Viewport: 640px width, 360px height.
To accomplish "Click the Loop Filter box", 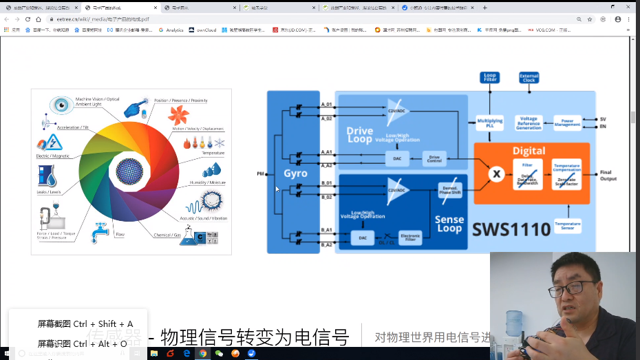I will [489, 77].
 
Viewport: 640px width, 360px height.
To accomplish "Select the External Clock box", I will [529, 77].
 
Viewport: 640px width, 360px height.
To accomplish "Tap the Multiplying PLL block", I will [489, 123].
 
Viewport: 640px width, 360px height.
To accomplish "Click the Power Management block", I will [567, 123].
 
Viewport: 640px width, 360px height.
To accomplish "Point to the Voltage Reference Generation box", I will [529, 123].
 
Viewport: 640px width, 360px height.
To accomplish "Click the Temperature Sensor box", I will [567, 225].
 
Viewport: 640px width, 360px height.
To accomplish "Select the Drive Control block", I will [434, 158].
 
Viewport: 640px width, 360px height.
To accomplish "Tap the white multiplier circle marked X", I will [495, 174].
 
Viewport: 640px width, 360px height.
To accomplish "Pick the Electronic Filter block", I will [410, 237].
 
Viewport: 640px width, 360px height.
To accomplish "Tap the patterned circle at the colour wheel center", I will [129, 170].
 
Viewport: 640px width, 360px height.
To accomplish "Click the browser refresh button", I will [28, 19].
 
